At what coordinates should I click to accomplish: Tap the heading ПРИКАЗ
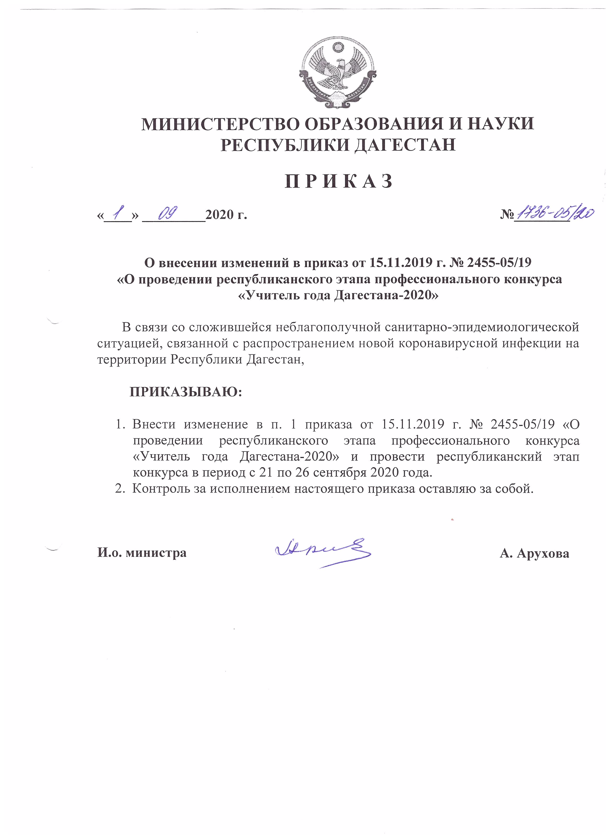click(x=338, y=181)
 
